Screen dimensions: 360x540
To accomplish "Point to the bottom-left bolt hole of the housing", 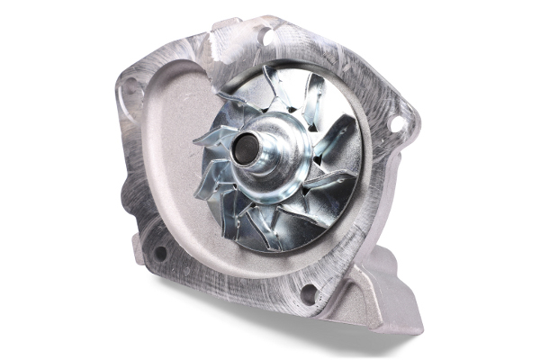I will point(159,253).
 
